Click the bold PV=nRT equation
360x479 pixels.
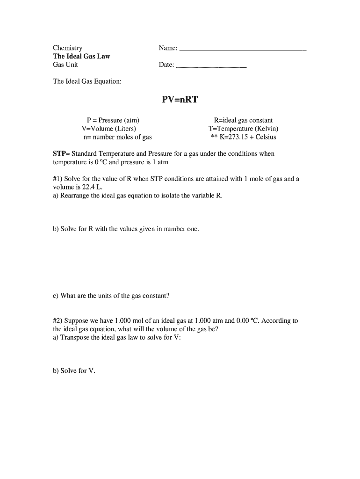pyautogui.click(x=180, y=100)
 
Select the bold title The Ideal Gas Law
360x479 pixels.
pyautogui.click(x=81, y=56)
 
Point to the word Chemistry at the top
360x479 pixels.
pyautogui.click(x=67, y=48)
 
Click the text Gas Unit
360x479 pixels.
pyautogui.click(x=65, y=65)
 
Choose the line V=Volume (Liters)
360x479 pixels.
pyautogui.click(x=109, y=129)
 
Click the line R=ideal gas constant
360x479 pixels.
pyautogui.click(x=243, y=120)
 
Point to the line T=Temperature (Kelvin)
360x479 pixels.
pyautogui.click(x=243, y=129)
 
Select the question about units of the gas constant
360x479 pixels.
pyautogui.click(x=111, y=296)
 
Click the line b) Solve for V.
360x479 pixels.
pyautogui.click(x=74, y=370)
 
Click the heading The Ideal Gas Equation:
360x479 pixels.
pyautogui.click(x=87, y=81)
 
